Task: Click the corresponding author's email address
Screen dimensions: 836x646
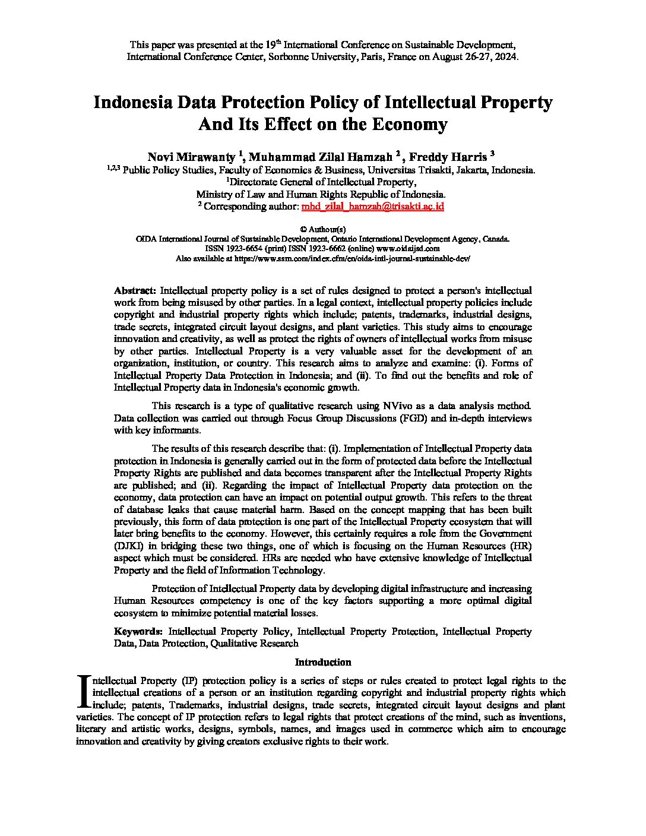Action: point(372,207)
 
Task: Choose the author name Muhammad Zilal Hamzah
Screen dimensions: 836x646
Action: point(321,157)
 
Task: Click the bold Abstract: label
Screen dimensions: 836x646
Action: point(135,291)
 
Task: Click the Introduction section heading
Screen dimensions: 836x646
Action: point(323,662)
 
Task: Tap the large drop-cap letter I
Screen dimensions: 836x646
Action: point(84,692)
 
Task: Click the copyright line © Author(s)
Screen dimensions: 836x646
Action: point(323,229)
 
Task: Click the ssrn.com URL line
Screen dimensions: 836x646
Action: point(323,259)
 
